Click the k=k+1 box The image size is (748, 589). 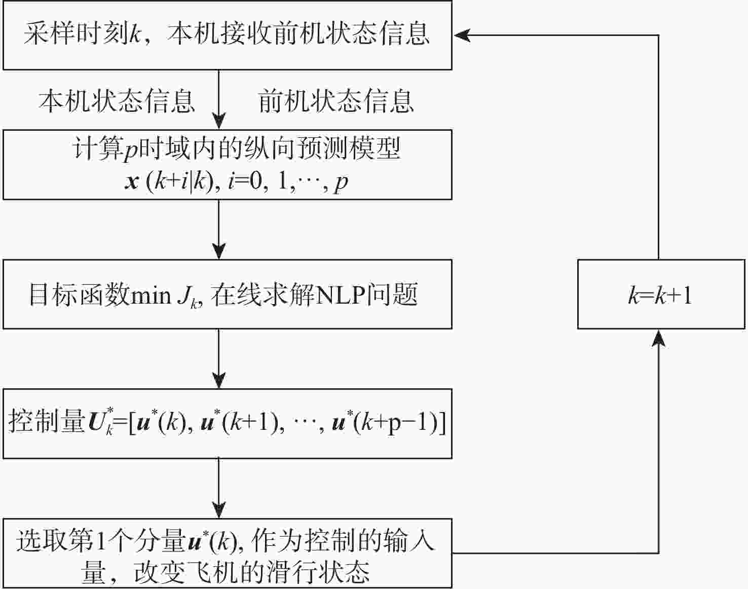pos(661,294)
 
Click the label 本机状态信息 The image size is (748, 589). pos(117,100)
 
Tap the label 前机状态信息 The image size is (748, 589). pos(336,100)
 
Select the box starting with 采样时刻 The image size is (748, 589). pos(227,35)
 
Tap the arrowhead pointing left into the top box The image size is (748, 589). pos(462,35)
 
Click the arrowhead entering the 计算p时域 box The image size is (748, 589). pos(218,122)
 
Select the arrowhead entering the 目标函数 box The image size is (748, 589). pos(218,251)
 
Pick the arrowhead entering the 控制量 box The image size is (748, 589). pos(218,381)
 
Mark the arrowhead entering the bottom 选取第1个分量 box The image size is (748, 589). pos(218,510)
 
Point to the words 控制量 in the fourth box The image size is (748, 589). pos(47,423)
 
